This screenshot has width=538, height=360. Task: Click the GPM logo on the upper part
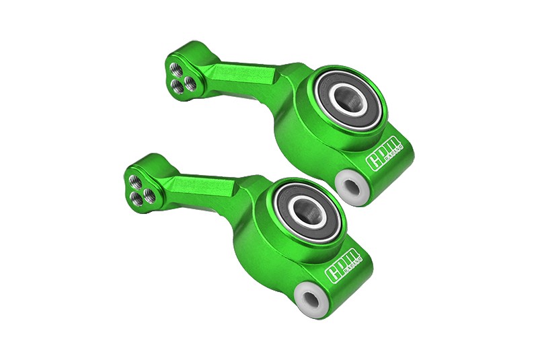[x=383, y=153]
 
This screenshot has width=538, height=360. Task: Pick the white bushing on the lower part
[x=312, y=298]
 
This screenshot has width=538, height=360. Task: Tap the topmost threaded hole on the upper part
[x=176, y=68]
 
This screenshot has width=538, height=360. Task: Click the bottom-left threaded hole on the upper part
[x=178, y=85]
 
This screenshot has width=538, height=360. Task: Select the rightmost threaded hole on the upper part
[x=190, y=83]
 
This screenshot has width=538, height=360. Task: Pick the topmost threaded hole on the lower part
[x=135, y=181]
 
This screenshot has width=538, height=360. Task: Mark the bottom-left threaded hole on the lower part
[x=137, y=198]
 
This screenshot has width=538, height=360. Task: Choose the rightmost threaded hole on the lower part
[x=149, y=196]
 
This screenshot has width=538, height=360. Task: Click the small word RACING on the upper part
[x=389, y=157]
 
